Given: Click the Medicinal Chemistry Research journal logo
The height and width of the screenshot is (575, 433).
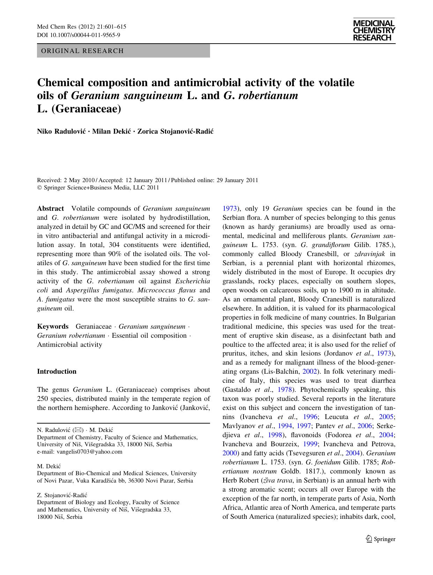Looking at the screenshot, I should click(374, 30).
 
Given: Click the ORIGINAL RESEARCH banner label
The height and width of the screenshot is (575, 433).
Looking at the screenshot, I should click(82, 51).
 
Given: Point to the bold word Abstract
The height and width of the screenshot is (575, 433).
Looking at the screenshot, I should click(51, 209).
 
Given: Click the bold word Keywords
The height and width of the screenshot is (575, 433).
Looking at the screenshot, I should click(53, 327).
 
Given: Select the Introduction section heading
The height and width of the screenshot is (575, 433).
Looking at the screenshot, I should click(57, 372).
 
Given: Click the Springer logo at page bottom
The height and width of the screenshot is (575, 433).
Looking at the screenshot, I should click(380, 539).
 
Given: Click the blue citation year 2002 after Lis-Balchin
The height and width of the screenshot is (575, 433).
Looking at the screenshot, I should click(309, 372).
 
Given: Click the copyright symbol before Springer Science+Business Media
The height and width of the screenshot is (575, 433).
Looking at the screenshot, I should click(39, 188).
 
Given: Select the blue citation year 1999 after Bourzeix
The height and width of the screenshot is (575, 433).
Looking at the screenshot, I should click(310, 444).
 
